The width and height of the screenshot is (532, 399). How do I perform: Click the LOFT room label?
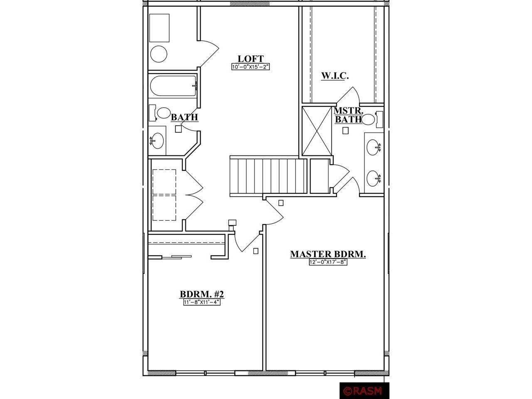251,59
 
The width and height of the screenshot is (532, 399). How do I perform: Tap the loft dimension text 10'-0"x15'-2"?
251,66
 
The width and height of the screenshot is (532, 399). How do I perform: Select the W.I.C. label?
335,76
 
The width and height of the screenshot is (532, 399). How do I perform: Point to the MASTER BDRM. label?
328,254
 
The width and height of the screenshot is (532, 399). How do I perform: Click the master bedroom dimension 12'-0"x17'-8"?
328,262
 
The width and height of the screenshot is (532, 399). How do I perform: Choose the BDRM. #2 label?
202,294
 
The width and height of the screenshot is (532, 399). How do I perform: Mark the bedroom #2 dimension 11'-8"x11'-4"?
202,302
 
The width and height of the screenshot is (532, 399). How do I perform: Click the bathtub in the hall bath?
173,86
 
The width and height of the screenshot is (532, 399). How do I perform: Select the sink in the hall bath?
157,140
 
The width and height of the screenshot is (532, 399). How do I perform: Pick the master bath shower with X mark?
317,131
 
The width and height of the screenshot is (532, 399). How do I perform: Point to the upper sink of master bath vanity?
373,147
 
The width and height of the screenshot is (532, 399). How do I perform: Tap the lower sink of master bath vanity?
373,178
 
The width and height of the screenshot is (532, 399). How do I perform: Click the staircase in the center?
268,176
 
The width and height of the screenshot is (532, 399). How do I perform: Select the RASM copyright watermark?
364,391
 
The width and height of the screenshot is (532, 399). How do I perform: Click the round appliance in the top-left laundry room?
159,54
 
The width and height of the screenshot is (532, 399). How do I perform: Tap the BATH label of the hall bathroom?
185,117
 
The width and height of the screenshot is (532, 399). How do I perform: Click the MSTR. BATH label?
348,115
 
